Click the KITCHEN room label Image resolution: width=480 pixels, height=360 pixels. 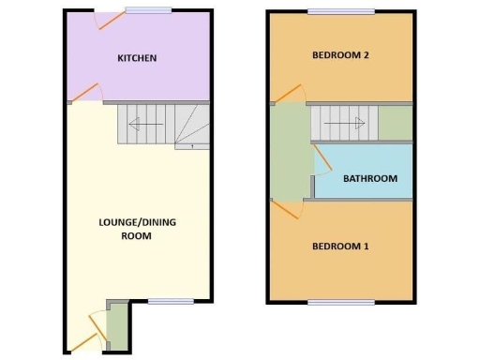[137, 58]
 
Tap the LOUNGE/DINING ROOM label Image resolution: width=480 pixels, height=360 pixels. [137, 229]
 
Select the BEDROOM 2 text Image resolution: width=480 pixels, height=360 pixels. [339, 55]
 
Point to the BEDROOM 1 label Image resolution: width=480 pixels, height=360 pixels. [339, 247]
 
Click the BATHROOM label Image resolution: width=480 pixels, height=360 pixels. [369, 178]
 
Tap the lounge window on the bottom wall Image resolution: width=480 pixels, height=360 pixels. [170, 301]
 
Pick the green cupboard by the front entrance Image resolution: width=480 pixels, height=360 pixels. [117, 324]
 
